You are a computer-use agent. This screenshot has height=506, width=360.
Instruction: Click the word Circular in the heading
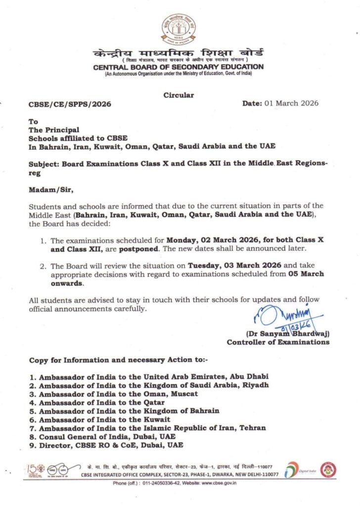tap(179, 95)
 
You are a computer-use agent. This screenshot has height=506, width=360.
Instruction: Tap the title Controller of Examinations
tap(278, 342)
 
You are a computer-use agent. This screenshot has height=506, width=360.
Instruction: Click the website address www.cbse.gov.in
tap(216, 483)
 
